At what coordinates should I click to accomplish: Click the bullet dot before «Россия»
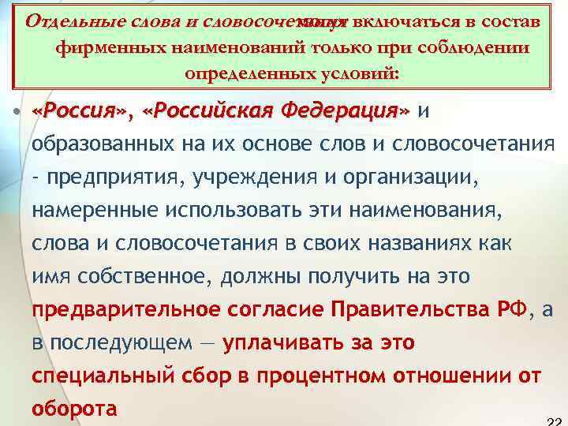(17, 113)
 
